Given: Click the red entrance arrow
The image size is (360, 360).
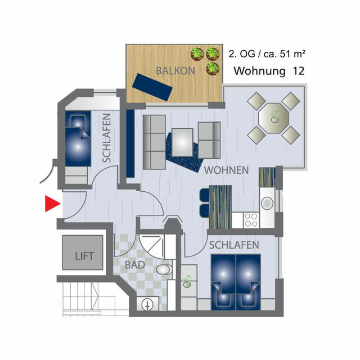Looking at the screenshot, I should pyautogui.click(x=52, y=204).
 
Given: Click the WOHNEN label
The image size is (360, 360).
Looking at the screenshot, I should pyautogui.click(x=227, y=170).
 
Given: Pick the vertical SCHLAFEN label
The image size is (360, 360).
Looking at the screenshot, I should pyautogui.click(x=106, y=138).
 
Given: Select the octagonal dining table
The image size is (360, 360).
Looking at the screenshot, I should pyautogui.click(x=274, y=118).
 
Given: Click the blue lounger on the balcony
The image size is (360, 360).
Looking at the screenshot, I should pyautogui.click(x=152, y=87).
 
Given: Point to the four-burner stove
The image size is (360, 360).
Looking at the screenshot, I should pyautogui.click(x=250, y=219).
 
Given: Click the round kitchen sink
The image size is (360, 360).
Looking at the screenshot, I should pyautogui.click(x=267, y=201).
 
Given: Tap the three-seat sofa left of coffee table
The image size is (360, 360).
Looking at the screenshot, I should pyautogui.click(x=154, y=142).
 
